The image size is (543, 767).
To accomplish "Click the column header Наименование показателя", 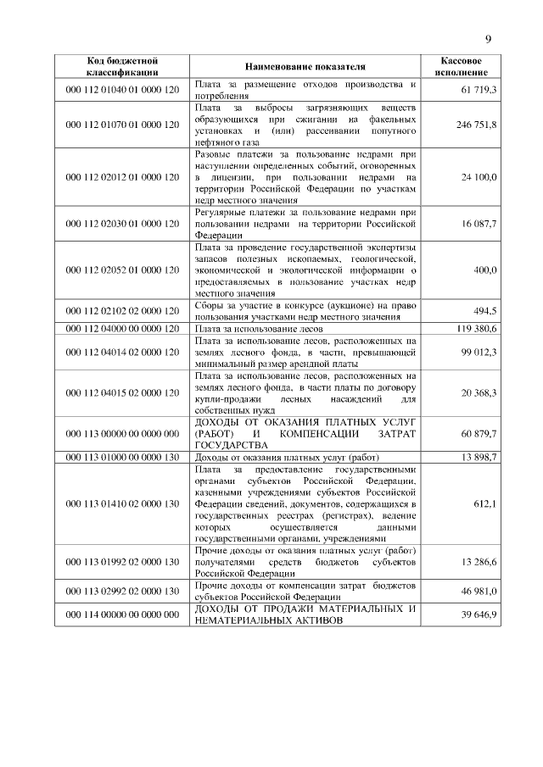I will click(305, 66).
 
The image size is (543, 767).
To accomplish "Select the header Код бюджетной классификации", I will click(124, 66).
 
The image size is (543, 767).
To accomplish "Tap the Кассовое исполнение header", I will click(462, 66).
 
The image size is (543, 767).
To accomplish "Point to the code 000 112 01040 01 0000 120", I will click(124, 89).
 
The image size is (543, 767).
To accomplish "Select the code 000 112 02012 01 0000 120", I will click(124, 177).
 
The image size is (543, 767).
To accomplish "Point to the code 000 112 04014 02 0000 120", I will click(124, 351).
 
